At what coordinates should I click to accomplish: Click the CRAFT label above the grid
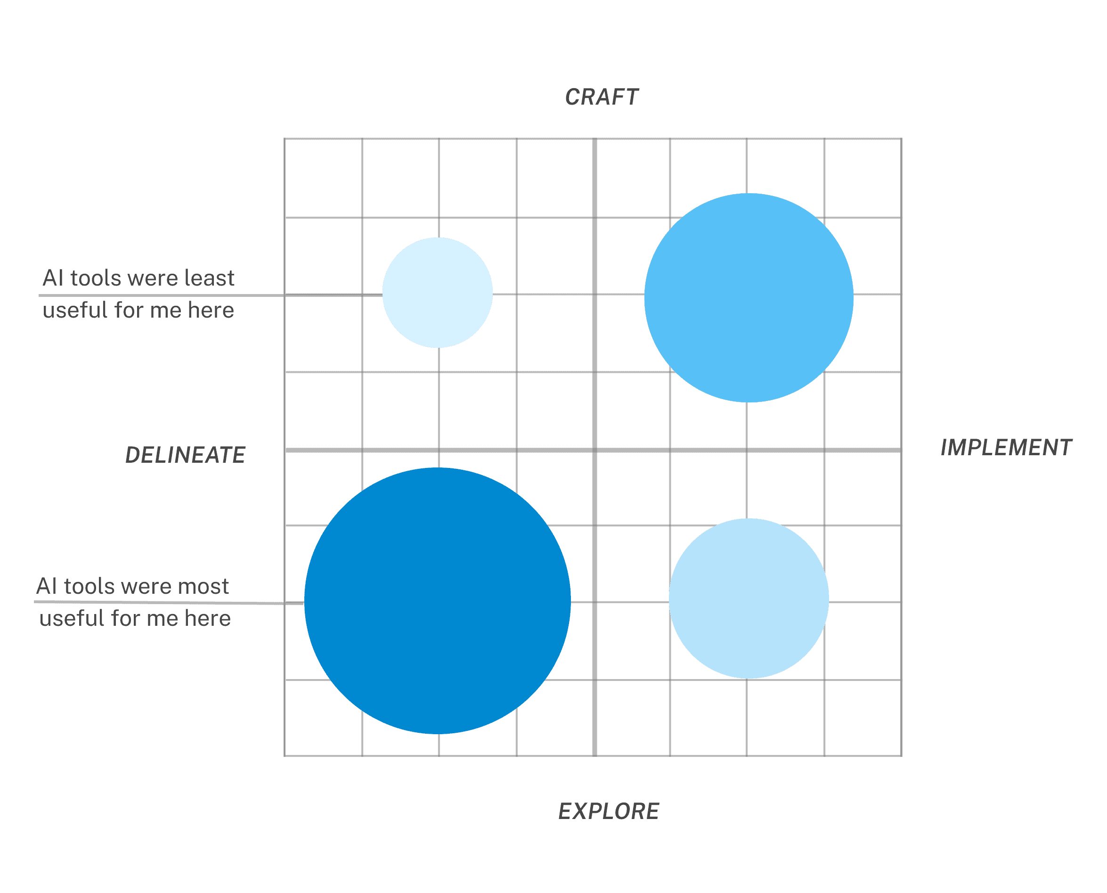[602, 97]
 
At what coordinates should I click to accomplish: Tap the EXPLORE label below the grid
[609, 811]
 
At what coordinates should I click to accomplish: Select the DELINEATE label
[185, 455]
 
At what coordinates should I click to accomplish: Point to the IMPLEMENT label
[1006, 448]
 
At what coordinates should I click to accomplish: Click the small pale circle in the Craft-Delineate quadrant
[438, 293]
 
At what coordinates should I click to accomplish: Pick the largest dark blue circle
[438, 601]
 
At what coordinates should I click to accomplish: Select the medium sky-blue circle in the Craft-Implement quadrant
[749, 297]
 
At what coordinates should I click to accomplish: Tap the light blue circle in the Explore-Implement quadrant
[749, 598]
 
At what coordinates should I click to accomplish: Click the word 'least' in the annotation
[209, 279]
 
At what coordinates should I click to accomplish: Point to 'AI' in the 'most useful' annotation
[47, 586]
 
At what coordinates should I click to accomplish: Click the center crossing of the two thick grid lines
[594, 450]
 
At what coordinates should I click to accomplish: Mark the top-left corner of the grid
[285, 139]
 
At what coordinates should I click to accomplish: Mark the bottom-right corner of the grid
[901, 756]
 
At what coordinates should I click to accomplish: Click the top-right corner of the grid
[901, 139]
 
